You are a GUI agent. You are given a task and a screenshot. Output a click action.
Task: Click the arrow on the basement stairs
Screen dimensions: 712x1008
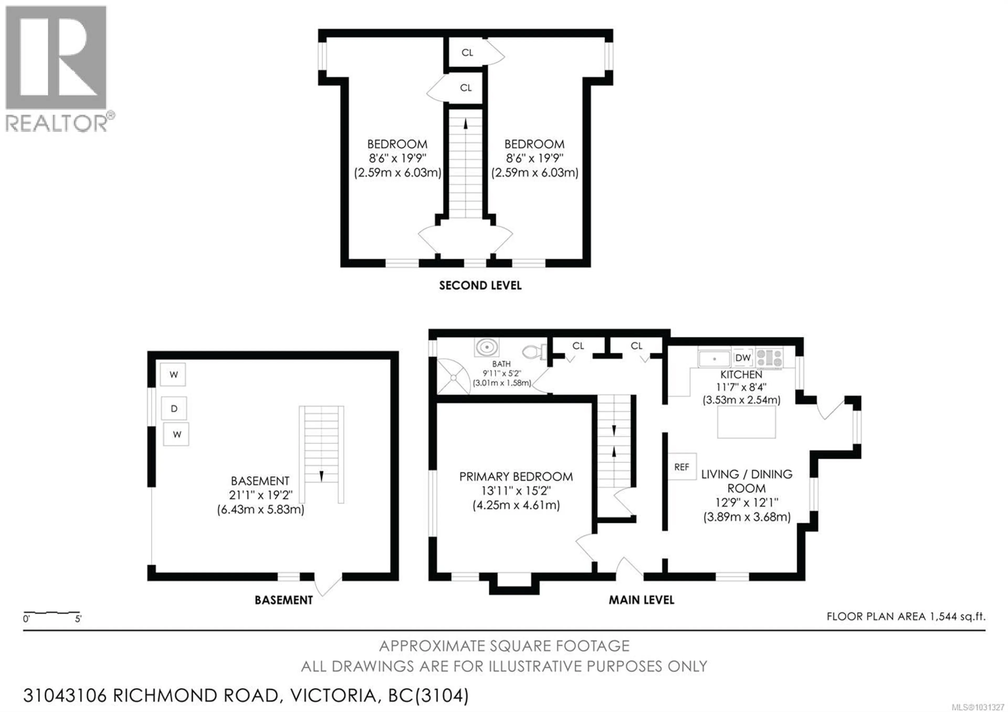click(x=321, y=476)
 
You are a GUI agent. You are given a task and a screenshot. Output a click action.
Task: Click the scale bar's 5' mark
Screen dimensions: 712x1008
click(x=78, y=619)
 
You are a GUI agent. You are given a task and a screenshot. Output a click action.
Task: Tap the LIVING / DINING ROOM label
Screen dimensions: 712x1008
click(x=746, y=481)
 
